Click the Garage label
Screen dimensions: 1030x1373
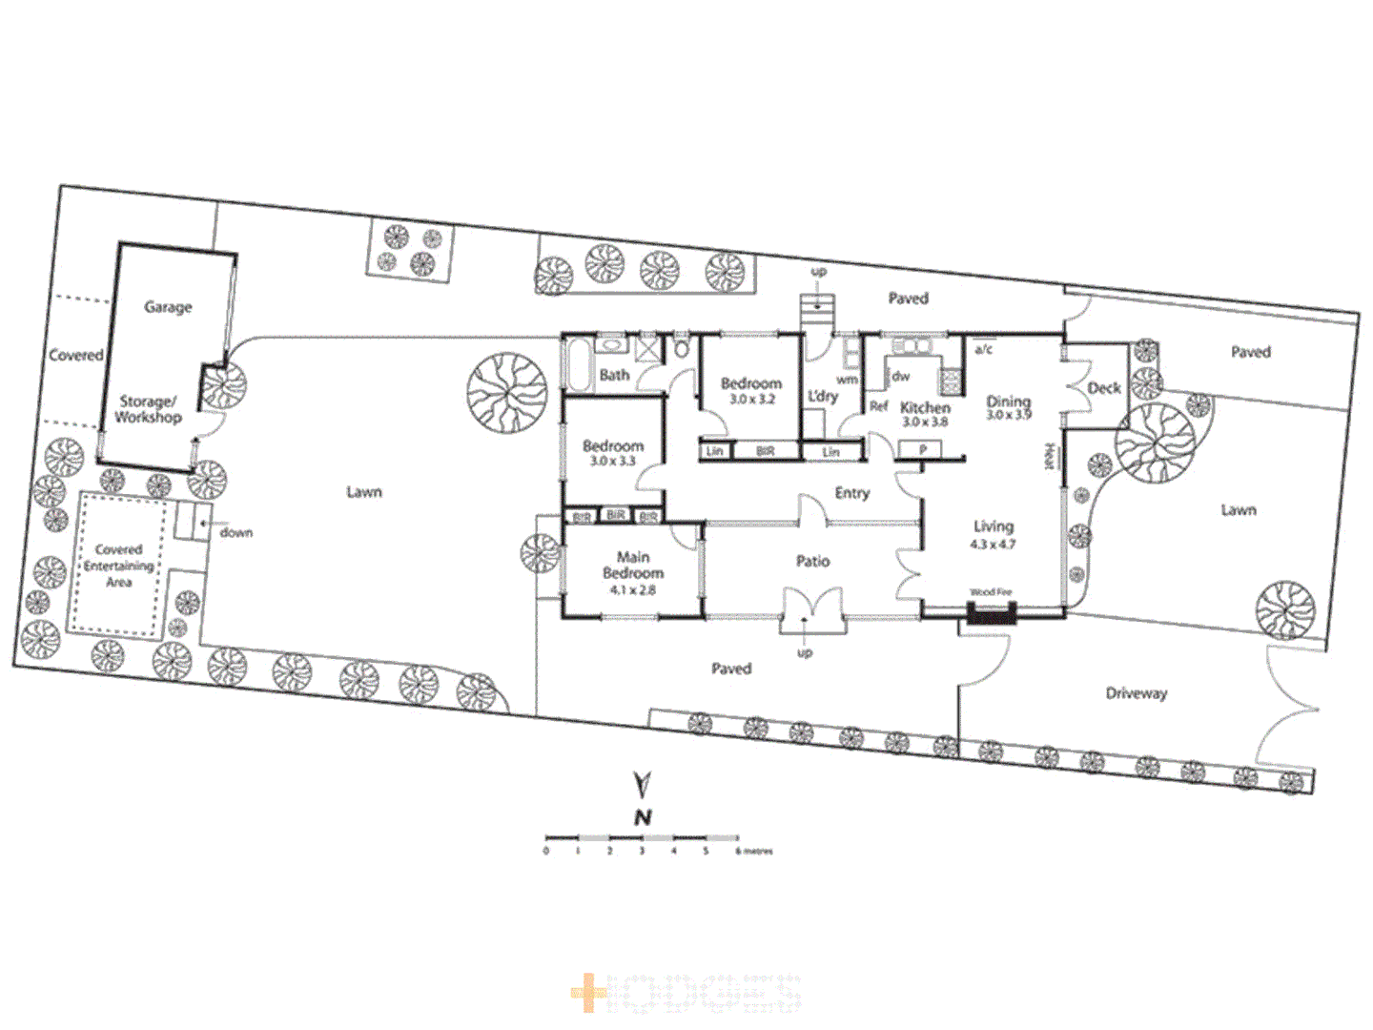tap(168, 307)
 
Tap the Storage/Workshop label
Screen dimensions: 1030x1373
tap(148, 409)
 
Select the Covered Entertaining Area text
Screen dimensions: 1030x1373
tap(118, 566)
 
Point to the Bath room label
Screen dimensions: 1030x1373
tap(614, 375)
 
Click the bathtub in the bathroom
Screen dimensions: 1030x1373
tap(579, 366)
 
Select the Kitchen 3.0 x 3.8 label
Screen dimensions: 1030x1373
tap(925, 414)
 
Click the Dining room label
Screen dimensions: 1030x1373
tap(1009, 407)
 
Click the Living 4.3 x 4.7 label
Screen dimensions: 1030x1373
tap(993, 534)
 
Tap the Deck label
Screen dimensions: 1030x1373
tap(1104, 388)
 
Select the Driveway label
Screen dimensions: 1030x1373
tap(1136, 693)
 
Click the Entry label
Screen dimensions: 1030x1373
tap(851, 493)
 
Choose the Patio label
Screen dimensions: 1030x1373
tap(812, 562)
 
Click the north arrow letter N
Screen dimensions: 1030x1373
tap(643, 817)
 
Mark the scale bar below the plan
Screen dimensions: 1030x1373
tap(642, 838)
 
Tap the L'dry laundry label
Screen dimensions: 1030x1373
tap(822, 396)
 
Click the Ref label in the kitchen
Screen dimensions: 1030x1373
tap(878, 406)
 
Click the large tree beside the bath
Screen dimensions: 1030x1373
tap(507, 393)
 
